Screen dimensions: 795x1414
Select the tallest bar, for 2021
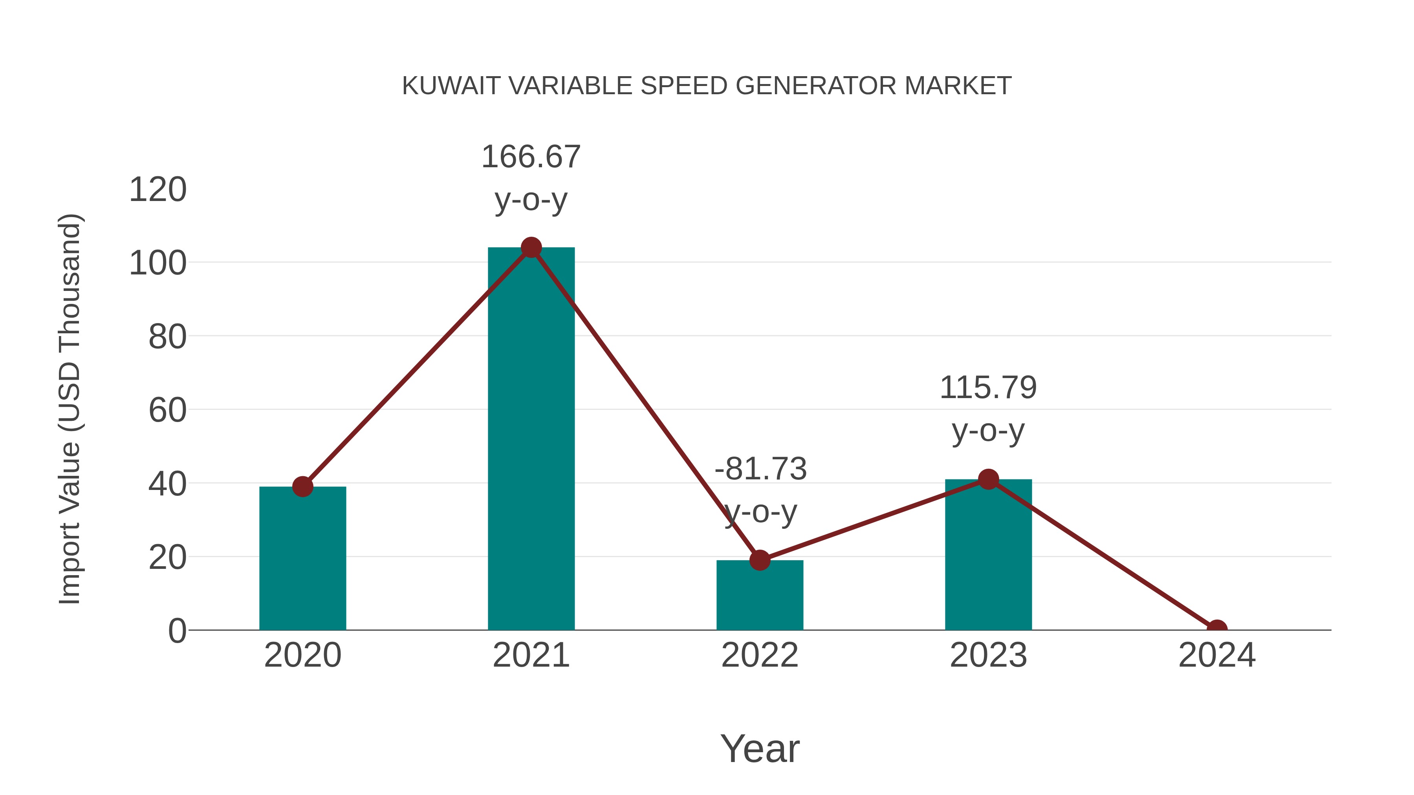coord(531,439)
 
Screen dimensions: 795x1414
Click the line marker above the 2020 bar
coord(302,486)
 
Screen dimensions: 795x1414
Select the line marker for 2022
coord(760,560)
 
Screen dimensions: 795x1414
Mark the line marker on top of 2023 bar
coord(988,479)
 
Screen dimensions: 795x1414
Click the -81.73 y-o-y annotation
coord(760,490)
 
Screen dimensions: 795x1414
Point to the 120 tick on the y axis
coord(158,190)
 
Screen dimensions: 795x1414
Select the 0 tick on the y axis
coord(177,631)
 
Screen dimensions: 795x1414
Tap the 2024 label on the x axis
coord(1217,655)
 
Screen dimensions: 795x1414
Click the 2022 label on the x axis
coord(760,655)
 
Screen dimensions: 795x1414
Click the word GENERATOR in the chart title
coord(815,86)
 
